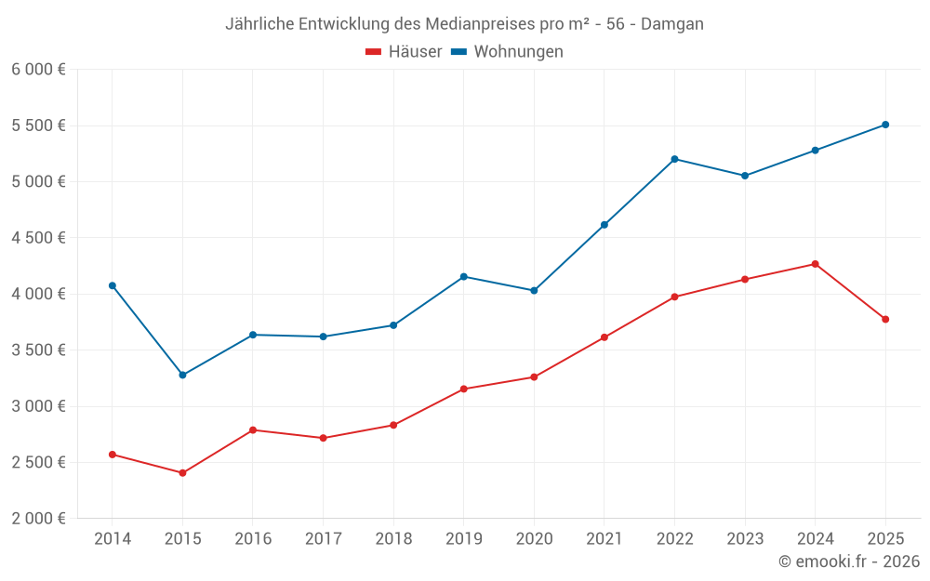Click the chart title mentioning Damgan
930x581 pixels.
click(464, 23)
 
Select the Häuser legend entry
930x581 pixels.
click(404, 52)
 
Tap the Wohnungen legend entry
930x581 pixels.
click(508, 52)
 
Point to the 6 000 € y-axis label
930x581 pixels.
click(38, 70)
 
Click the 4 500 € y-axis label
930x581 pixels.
click(38, 238)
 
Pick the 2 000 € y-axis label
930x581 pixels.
click(38, 519)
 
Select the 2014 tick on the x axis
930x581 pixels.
click(113, 539)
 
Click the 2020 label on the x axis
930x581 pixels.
click(534, 539)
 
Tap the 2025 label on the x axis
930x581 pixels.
click(885, 539)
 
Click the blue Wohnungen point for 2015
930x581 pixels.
click(182, 375)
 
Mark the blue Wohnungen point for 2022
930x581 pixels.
click(674, 159)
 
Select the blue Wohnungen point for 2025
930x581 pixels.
click(885, 125)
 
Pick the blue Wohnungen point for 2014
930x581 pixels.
click(113, 285)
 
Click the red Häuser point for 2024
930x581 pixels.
click(815, 264)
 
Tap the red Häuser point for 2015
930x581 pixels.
click(182, 473)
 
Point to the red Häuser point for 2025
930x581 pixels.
click(885, 319)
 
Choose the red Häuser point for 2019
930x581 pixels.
click(463, 389)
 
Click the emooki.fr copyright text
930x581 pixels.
click(849, 561)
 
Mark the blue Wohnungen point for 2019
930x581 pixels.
click(463, 276)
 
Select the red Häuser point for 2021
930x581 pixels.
click(604, 337)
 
